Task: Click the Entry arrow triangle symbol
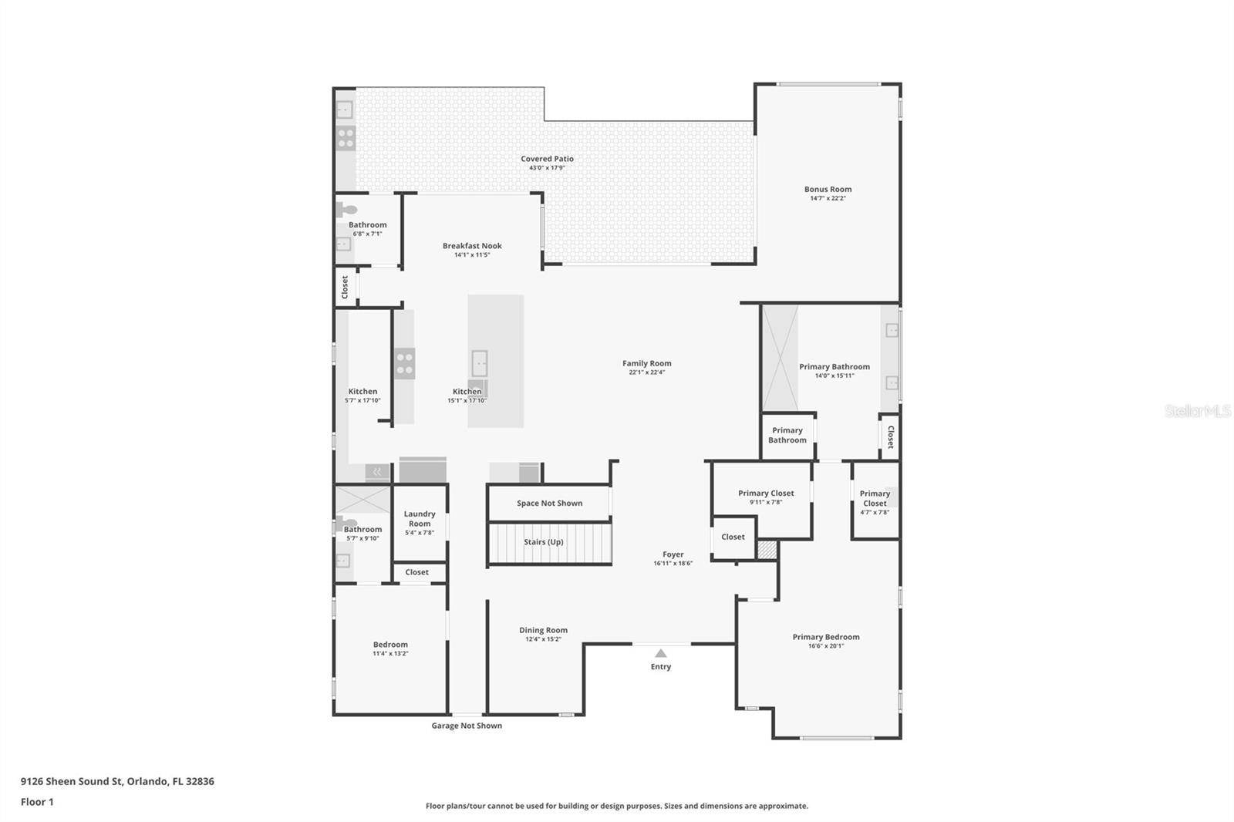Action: click(660, 653)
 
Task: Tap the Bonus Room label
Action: click(828, 189)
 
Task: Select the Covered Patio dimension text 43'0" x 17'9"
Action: click(547, 168)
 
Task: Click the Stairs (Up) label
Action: click(544, 542)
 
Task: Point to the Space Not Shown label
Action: click(549, 504)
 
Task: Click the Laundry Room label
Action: click(420, 518)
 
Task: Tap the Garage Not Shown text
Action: click(466, 726)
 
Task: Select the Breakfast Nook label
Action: click(472, 246)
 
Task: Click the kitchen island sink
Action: click(479, 362)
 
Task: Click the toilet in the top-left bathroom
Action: click(347, 209)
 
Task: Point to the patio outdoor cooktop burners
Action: click(346, 138)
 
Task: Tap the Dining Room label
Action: click(543, 630)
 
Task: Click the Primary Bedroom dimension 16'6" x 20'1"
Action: click(825, 646)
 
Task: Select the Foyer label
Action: click(673, 554)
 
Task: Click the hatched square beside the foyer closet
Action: click(766, 550)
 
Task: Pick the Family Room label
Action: click(646, 363)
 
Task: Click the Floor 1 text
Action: click(37, 802)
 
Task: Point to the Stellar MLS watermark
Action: click(1197, 411)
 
